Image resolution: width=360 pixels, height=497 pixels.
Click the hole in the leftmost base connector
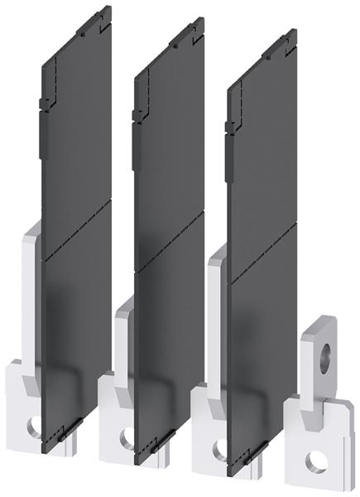pos(32,427)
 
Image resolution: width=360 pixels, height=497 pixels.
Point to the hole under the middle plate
pos(125,442)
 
